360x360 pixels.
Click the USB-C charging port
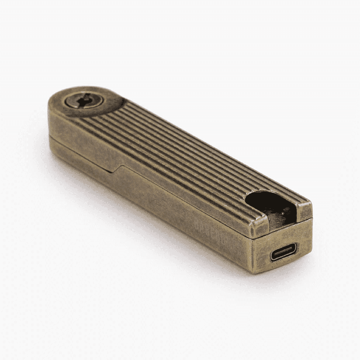[x=283, y=252]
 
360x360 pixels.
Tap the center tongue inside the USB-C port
[x=283, y=252]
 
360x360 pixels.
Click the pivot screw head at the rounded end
[x=84, y=101]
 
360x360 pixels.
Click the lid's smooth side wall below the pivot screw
[x=77, y=130]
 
